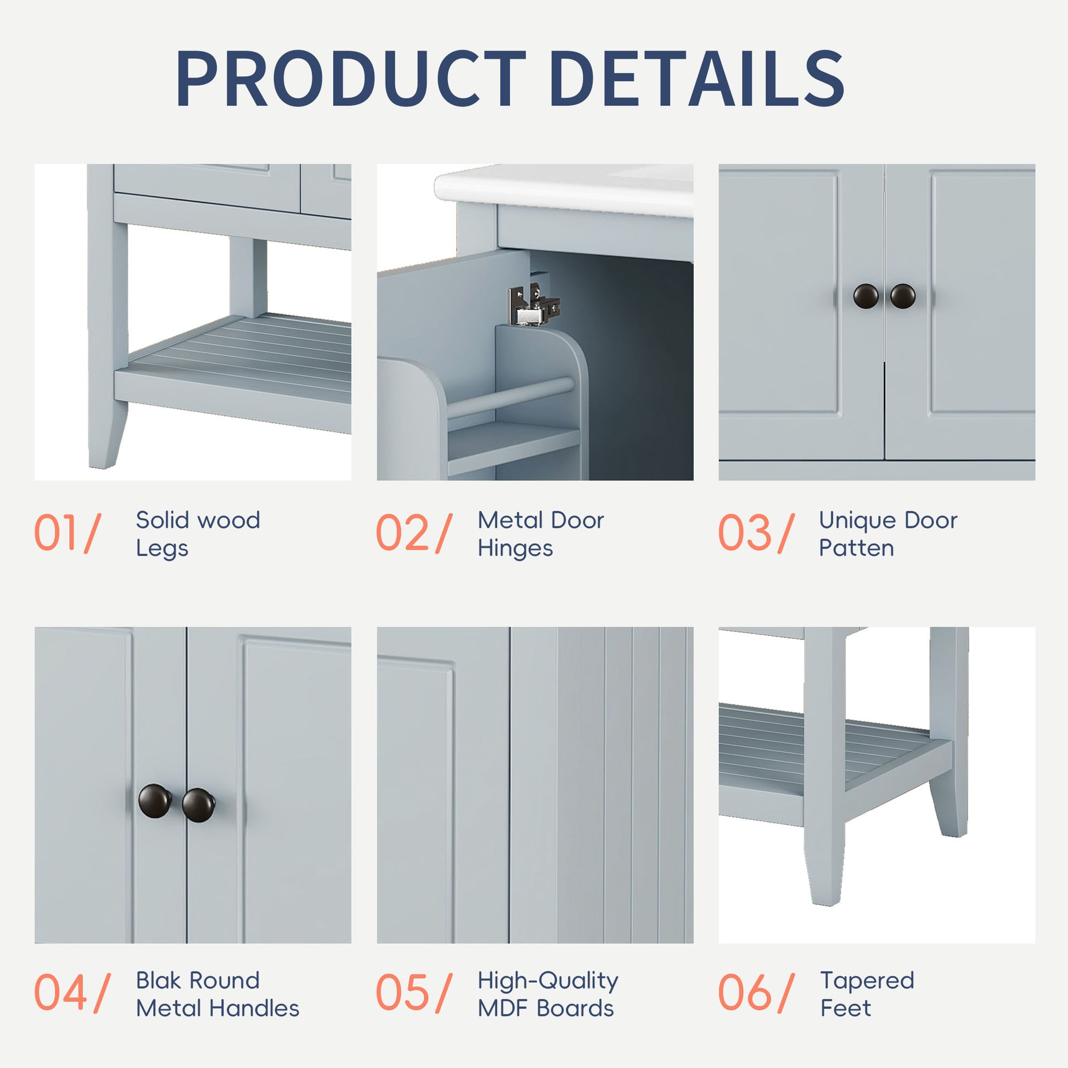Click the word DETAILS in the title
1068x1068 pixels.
pyautogui.click(x=696, y=78)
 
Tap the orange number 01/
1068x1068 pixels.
pyautogui.click(x=68, y=533)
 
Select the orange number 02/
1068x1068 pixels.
pyautogui.click(x=414, y=533)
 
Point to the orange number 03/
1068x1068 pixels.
pyautogui.click(x=756, y=533)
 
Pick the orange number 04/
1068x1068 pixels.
pyautogui.click(x=72, y=993)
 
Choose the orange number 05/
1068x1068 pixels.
pyautogui.click(x=414, y=993)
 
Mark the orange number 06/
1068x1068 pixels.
pyautogui.click(x=756, y=993)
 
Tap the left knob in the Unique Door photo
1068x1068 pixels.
pyautogui.click(x=865, y=296)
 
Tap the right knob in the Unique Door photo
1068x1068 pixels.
pyautogui.click(x=903, y=296)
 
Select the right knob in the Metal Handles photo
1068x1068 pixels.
pyautogui.click(x=198, y=805)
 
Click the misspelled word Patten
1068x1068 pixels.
pyautogui.click(x=856, y=548)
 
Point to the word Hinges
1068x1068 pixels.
pyautogui.click(x=515, y=548)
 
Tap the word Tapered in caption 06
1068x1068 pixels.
pyautogui.click(x=867, y=981)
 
